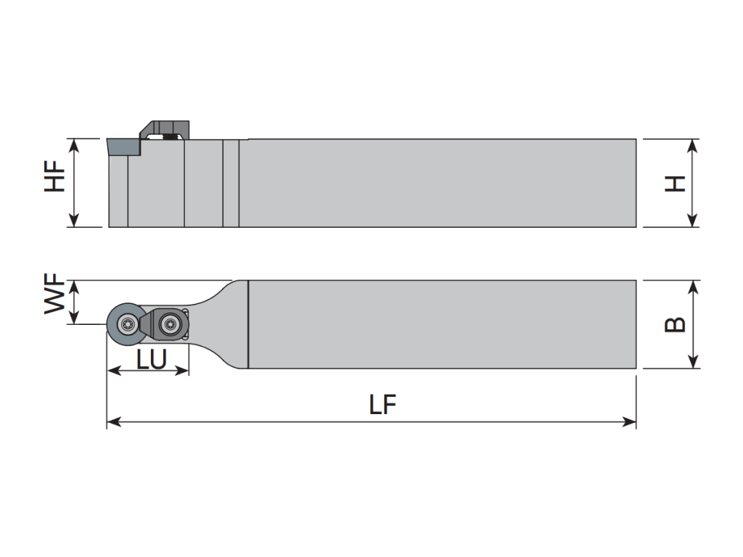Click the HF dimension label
coord(55,176)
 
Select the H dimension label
coord(676,183)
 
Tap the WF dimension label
coord(55,293)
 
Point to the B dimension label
coord(676,324)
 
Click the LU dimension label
coord(152,359)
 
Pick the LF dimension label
coord(382,405)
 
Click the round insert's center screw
coord(127,324)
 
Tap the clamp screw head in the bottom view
coord(170,324)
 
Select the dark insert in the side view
coord(123,147)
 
